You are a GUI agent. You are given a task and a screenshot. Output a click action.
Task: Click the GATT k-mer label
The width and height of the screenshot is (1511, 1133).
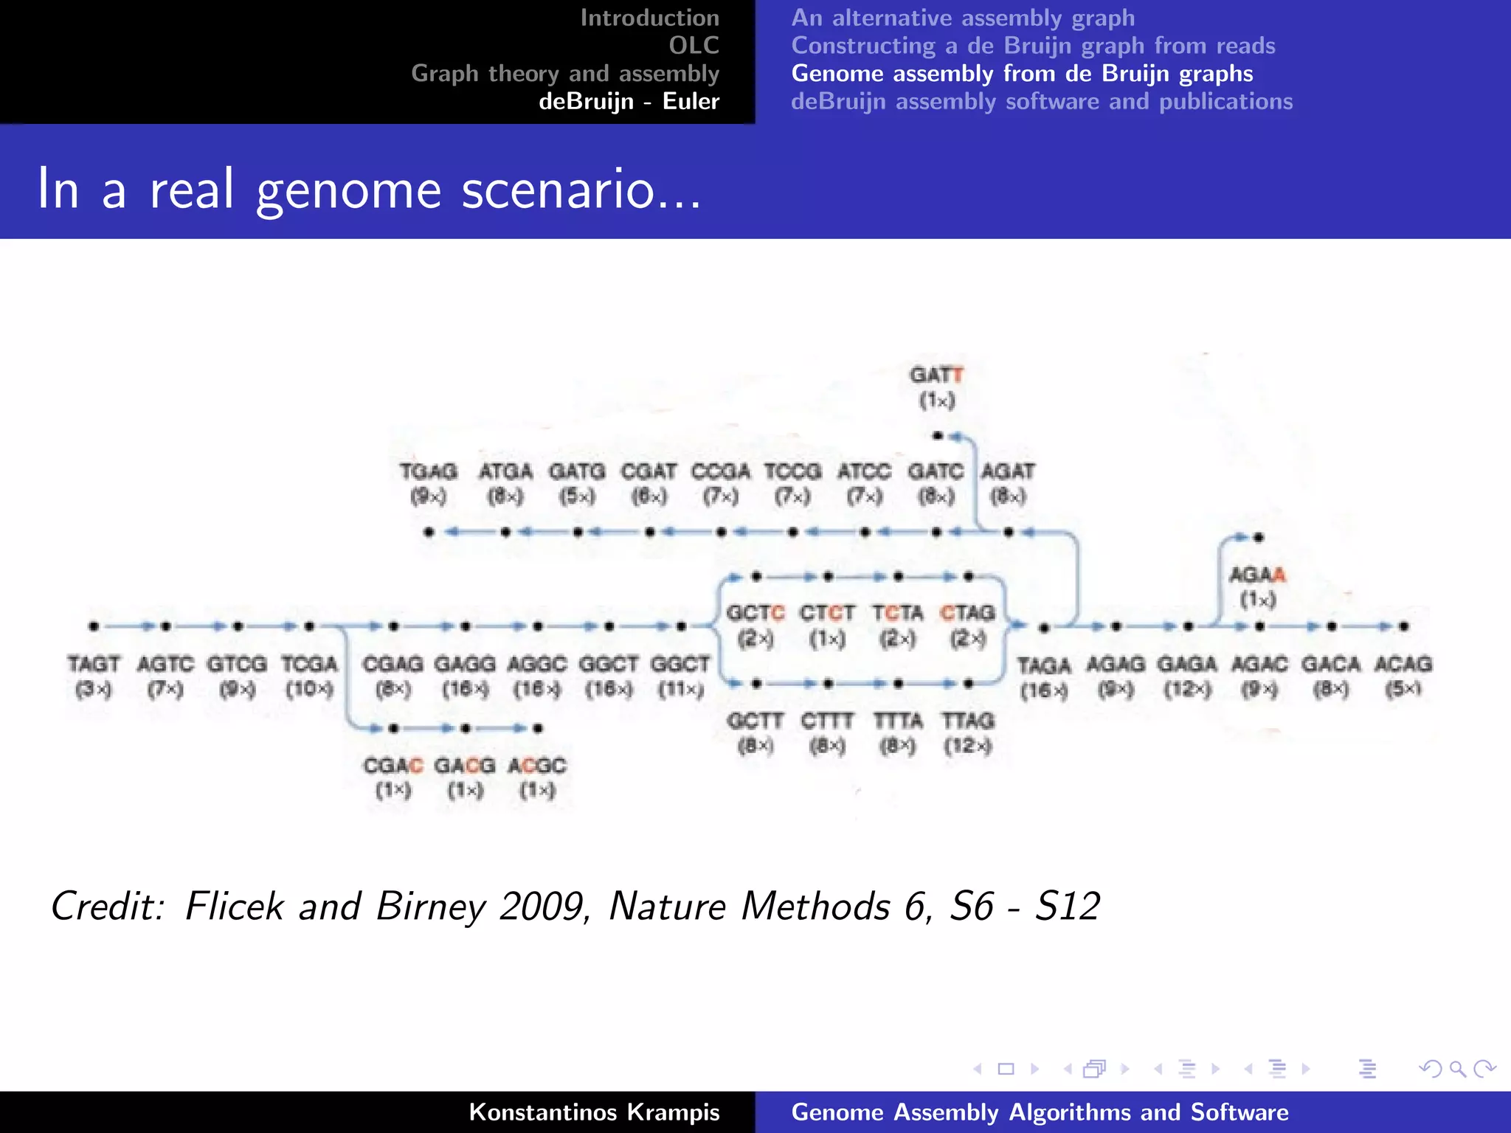click(936, 375)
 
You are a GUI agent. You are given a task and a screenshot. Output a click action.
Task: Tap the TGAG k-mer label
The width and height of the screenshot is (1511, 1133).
click(429, 471)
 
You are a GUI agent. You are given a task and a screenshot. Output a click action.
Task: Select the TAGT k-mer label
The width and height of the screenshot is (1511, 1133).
click(94, 664)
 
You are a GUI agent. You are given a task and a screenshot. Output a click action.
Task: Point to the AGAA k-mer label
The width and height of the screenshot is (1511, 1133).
click(1257, 575)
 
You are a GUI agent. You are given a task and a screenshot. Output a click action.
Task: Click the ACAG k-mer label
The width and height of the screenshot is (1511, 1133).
click(1403, 664)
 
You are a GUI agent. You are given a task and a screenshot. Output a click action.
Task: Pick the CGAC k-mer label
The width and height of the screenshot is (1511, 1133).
click(393, 766)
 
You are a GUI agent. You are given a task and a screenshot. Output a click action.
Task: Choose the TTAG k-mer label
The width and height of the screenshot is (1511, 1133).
click(968, 721)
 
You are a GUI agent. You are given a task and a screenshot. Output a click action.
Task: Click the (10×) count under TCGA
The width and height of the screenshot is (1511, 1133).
click(310, 690)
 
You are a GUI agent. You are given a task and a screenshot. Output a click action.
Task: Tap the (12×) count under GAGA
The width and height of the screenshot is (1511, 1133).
click(1186, 690)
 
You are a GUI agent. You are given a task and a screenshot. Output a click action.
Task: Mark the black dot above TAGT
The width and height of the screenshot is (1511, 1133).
click(94, 626)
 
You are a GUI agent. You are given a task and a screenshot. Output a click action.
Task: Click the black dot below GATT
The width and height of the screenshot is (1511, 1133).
click(937, 436)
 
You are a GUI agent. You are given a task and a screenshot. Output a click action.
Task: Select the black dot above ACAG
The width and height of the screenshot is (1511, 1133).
click(1403, 626)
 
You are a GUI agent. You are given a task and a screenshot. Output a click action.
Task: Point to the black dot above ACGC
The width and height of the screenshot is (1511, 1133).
click(538, 729)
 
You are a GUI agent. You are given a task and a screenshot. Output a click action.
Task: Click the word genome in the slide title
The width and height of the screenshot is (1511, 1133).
click(348, 190)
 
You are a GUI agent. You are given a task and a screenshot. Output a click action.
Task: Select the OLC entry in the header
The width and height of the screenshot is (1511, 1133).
click(694, 46)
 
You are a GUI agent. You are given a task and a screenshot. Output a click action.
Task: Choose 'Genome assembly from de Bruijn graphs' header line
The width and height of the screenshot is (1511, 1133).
click(1022, 74)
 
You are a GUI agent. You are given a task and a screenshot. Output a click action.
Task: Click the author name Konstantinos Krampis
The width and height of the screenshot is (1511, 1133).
click(594, 1112)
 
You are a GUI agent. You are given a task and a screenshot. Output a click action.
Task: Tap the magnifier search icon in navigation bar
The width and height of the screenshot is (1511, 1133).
click(1457, 1069)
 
